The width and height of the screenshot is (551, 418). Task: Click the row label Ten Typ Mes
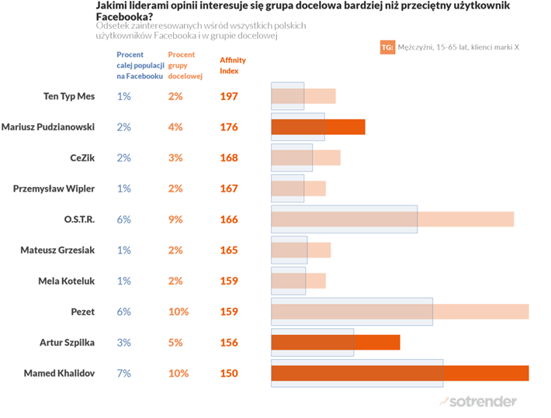[x=69, y=96]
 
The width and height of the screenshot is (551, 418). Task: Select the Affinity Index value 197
[x=228, y=96]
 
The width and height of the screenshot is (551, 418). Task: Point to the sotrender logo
[x=478, y=401]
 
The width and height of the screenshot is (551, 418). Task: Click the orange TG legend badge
[x=387, y=47]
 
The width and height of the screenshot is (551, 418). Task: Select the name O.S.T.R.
[x=80, y=219]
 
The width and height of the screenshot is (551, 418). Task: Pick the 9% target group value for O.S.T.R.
[x=175, y=219]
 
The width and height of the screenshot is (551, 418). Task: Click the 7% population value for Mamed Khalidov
[x=124, y=373]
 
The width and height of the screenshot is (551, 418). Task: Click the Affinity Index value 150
[x=228, y=373]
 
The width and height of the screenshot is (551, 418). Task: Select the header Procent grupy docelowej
[x=183, y=65]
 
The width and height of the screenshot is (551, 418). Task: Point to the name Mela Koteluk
[x=67, y=281]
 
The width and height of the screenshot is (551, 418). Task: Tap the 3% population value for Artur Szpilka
[x=124, y=342]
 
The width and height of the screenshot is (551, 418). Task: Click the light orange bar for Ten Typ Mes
[x=320, y=96]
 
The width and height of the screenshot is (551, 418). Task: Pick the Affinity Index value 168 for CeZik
[x=228, y=158]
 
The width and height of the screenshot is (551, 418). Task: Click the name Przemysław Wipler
[x=54, y=188]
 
